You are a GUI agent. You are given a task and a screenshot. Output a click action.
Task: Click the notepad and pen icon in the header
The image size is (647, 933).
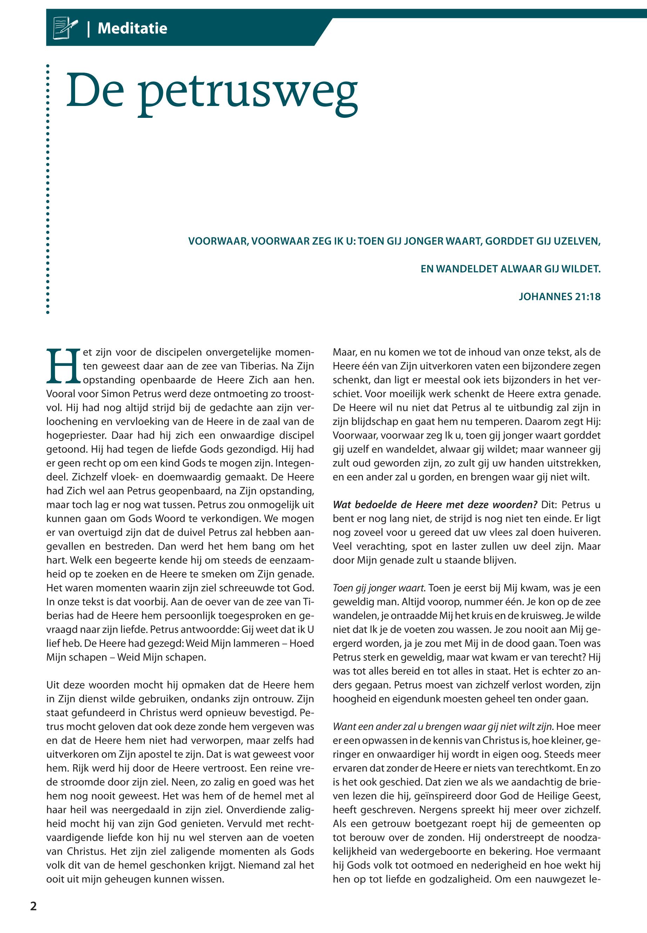(65, 28)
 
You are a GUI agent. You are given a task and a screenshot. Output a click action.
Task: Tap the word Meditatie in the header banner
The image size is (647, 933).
(132, 28)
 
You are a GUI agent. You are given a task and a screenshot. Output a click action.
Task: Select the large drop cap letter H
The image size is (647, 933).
(63, 366)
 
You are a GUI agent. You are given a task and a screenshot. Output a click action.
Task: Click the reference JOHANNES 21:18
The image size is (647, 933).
(559, 296)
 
